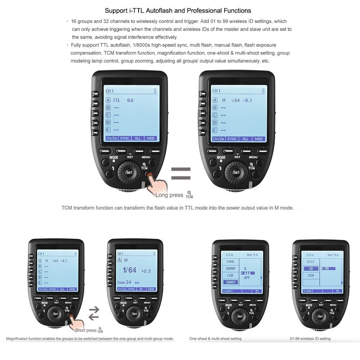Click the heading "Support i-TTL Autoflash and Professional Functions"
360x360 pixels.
[x=178, y=11]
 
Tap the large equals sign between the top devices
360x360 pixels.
[x=181, y=173]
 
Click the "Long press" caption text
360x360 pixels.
[x=169, y=195]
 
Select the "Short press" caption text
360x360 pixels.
[x=86, y=330]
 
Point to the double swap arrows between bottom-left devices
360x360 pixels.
[x=94, y=313]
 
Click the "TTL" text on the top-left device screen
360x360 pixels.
[x=117, y=100]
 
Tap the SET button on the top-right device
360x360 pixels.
[x=237, y=172]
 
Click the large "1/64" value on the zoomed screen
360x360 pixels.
[x=129, y=270]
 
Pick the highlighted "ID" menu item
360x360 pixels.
[x=311, y=269]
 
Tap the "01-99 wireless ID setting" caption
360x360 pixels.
[x=310, y=338]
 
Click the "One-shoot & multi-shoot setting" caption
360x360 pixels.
[x=215, y=338]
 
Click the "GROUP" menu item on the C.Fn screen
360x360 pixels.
[x=231, y=269]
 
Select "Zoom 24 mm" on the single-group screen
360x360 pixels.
[x=128, y=283]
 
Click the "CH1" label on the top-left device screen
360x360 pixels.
[x=109, y=91]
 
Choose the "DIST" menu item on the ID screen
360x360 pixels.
[x=310, y=262]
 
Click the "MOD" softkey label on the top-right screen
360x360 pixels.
[x=258, y=139]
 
